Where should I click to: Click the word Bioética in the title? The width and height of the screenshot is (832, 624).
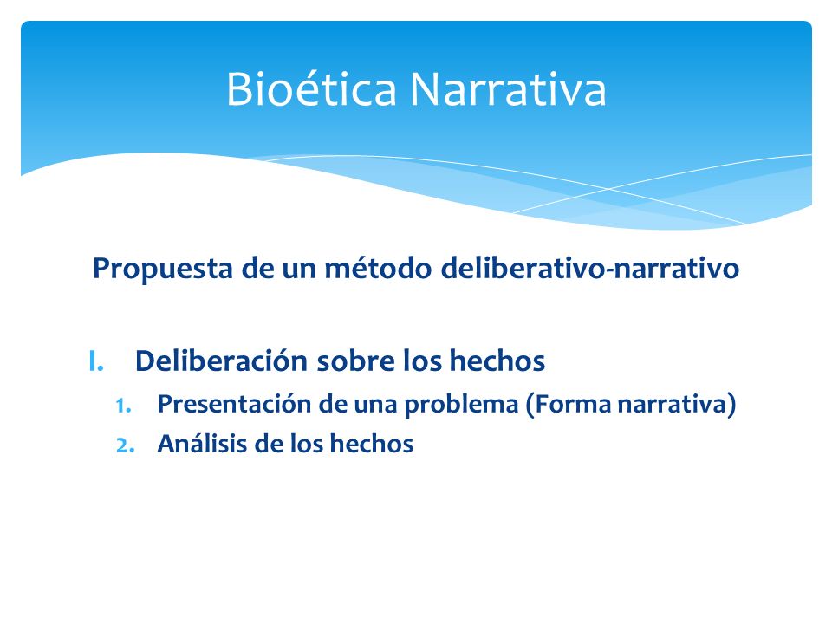311,88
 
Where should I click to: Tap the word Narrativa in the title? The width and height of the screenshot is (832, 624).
508,88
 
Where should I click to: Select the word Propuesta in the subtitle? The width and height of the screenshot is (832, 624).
162,269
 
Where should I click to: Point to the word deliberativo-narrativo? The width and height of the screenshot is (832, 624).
590,268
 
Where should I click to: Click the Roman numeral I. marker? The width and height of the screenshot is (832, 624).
96,361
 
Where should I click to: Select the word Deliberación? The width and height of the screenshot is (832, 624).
222,361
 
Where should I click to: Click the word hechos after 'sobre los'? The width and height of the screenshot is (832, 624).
497,361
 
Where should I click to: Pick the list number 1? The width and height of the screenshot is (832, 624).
124,406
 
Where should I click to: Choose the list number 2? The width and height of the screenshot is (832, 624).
125,445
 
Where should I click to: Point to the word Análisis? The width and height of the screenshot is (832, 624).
202,444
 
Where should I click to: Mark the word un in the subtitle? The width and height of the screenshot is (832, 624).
298,269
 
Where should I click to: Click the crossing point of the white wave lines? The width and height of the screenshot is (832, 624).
608,188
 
